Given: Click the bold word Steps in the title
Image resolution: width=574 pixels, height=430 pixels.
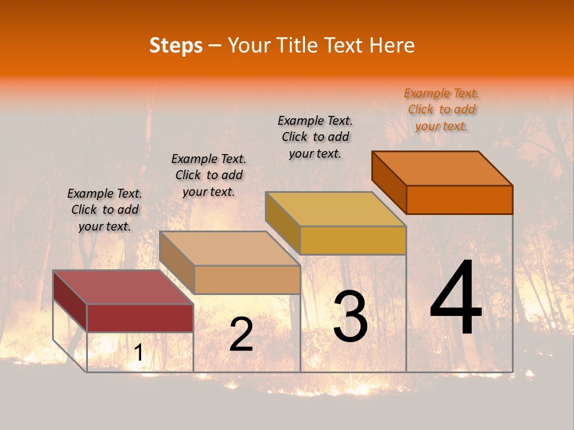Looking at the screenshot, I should coord(176,45).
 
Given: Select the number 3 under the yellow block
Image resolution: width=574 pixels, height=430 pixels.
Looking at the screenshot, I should coord(350,317).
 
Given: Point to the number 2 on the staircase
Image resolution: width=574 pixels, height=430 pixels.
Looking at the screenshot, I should coord(241,335).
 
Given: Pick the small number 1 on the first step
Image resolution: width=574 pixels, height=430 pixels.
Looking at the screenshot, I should coord(138,353).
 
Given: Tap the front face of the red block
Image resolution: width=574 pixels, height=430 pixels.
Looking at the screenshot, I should coord(140,318).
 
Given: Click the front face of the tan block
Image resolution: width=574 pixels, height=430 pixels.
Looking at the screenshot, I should coord(247,279).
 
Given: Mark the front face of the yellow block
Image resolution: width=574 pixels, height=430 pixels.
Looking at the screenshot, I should coord(353,240).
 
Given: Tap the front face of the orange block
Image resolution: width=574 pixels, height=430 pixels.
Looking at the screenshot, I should coord(459,199).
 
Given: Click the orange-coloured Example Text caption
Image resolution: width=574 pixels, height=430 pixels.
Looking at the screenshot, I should coord(441,109).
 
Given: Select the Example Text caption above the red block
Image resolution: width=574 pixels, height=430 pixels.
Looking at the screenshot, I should coord(105,210).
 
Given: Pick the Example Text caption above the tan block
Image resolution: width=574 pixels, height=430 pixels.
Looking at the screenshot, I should coord(209,175).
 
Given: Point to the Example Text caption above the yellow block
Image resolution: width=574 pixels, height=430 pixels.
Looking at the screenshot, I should coord(315,137).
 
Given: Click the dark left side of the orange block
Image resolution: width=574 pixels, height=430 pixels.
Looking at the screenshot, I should coord(389,182).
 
